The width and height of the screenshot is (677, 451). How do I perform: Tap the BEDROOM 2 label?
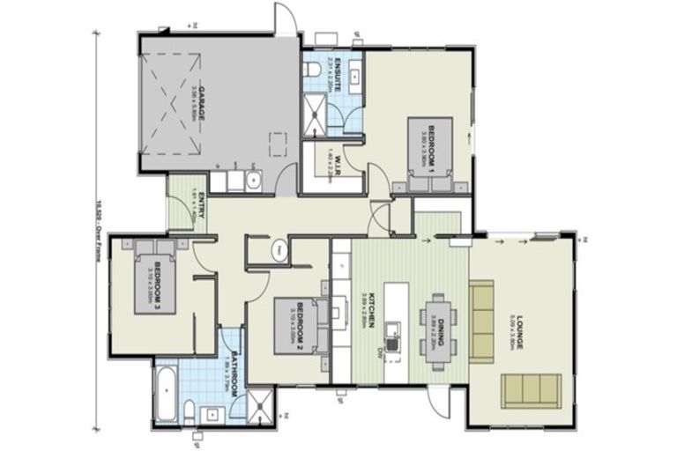click(x=300, y=322)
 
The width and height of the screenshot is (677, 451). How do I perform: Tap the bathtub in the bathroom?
click(x=167, y=394)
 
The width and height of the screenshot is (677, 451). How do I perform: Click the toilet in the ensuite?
click(x=311, y=70)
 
